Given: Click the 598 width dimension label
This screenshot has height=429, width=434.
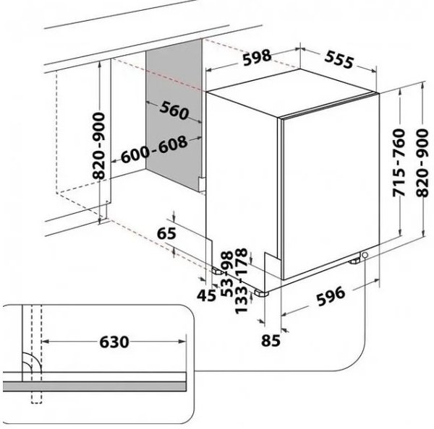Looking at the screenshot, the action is click(x=257, y=58).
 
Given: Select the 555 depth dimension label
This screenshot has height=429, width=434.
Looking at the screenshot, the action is click(x=339, y=59).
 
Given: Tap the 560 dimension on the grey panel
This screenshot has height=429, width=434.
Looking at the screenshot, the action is click(x=174, y=110).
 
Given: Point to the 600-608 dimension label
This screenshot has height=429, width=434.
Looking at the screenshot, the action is click(x=154, y=149).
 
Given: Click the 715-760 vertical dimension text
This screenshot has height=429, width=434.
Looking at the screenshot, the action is click(x=399, y=162).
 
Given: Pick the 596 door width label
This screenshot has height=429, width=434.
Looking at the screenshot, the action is click(x=331, y=296).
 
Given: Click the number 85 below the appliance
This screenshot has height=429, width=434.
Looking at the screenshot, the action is click(x=271, y=340).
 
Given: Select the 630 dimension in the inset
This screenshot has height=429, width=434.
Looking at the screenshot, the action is click(x=114, y=342).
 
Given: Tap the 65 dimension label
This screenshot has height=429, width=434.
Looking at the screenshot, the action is click(x=166, y=233).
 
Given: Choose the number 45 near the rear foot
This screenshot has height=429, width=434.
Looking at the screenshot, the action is click(x=206, y=295).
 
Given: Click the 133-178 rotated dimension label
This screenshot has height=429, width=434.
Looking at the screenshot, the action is click(x=241, y=281).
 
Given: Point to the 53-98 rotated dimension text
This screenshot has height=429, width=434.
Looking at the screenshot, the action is click(x=228, y=274).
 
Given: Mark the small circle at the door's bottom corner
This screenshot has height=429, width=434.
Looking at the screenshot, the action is click(x=365, y=255).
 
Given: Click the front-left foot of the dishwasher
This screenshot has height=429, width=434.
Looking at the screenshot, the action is click(x=261, y=293).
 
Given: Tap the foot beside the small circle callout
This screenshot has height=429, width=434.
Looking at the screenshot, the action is click(x=354, y=261).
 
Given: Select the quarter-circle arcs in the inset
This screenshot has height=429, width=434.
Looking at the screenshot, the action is click(x=31, y=363).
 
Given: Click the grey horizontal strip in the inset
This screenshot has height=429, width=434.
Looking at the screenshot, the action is click(x=94, y=386).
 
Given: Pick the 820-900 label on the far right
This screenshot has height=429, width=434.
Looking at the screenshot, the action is click(x=422, y=162).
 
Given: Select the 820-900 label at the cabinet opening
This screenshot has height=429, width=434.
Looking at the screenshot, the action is click(x=99, y=146).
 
